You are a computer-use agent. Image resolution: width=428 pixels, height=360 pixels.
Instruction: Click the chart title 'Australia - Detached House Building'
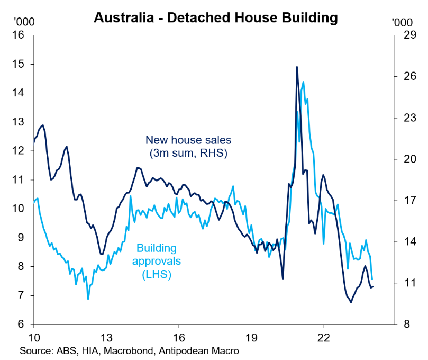pyautogui.click(x=215, y=17)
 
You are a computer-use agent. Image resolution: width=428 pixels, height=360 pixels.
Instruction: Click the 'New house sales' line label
pyautogui.click(x=189, y=140)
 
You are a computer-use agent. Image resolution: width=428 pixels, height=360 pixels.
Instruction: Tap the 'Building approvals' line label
pyautogui.click(x=157, y=254)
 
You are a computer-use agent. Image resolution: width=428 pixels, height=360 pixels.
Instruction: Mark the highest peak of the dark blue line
pyautogui.click(x=297, y=67)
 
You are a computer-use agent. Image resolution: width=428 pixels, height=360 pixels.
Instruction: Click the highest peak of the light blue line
pyautogui.click(x=303, y=82)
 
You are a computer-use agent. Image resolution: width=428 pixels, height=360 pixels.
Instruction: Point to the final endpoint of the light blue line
pyautogui.click(x=372, y=279)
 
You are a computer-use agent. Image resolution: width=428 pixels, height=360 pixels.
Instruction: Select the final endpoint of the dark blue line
pyautogui.click(x=373, y=287)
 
